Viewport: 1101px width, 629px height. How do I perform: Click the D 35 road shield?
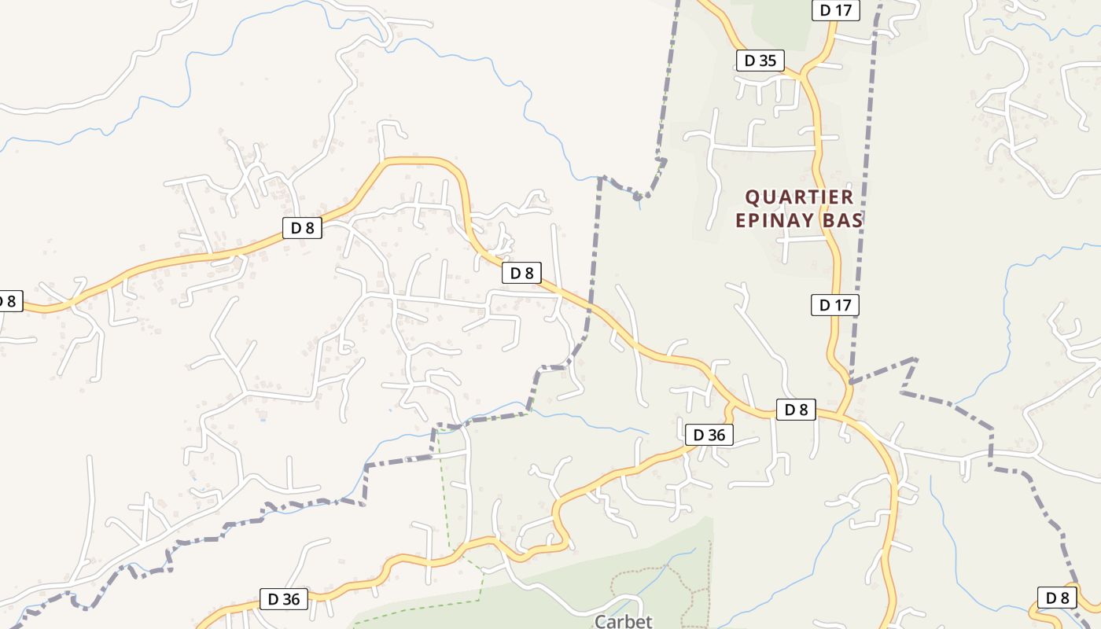tap(760, 61)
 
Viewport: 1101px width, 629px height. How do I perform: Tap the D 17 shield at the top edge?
tap(835, 10)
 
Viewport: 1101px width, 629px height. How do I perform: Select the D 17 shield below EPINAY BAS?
tap(835, 305)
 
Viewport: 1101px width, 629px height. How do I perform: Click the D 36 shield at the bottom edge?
tap(284, 599)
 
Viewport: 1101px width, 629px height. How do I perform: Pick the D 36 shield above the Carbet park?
tap(709, 435)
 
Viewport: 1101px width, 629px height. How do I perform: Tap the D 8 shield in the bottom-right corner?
tap(1057, 598)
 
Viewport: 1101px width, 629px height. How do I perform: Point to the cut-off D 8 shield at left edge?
tap(9, 301)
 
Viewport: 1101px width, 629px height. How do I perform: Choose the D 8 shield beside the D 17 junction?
tap(796, 409)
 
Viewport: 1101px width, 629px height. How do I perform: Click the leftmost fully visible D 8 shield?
tap(302, 228)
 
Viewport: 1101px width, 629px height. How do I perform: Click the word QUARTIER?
tap(799, 197)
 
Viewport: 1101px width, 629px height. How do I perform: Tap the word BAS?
tap(841, 220)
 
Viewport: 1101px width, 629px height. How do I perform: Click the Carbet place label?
tap(623, 621)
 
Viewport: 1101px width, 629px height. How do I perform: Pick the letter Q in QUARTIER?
tap(752, 197)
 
